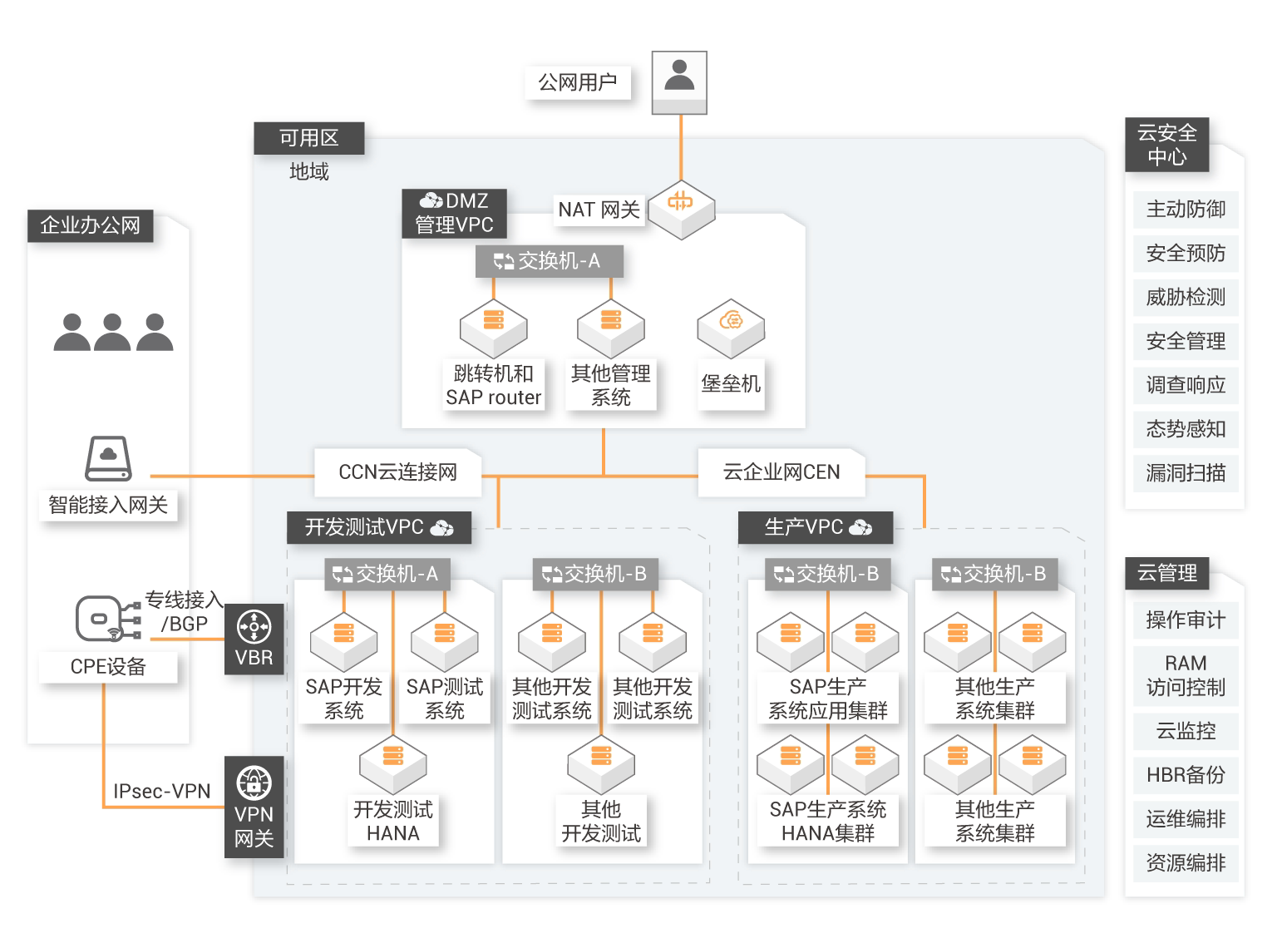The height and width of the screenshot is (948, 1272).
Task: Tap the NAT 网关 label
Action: coord(599,210)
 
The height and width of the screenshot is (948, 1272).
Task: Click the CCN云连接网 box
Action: coord(397,472)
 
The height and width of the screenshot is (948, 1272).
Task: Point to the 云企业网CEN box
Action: coord(781,472)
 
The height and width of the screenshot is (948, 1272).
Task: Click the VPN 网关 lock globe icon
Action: coord(254,783)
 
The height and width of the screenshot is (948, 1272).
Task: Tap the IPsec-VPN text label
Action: coord(162,791)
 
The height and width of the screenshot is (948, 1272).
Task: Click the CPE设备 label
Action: coord(108,666)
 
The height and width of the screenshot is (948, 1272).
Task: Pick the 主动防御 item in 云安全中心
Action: coord(1186,210)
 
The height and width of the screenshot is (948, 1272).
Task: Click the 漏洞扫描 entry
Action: coord(1186,473)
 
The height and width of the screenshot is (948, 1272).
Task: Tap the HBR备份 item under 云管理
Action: coord(1186,775)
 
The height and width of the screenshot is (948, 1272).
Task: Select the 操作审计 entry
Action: coord(1186,620)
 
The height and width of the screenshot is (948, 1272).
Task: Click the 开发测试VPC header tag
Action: coord(379,527)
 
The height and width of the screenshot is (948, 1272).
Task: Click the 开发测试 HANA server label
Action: coord(393,821)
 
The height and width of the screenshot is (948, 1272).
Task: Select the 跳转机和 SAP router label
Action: coord(494,385)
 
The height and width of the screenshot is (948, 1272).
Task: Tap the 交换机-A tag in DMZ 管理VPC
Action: coord(549,261)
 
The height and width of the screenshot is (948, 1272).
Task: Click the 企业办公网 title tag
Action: coord(90,225)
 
